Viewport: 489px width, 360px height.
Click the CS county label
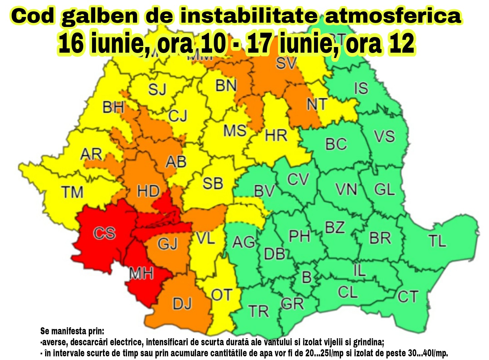tap(104, 233)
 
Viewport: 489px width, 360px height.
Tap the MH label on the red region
tap(141, 273)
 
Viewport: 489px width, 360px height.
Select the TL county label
tap(437, 240)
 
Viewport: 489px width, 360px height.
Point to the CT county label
tap(408, 296)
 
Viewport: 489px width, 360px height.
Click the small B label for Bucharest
tap(307, 277)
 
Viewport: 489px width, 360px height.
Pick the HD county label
tap(148, 191)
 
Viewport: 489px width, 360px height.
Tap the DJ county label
tap(182, 304)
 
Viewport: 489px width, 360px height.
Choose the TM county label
tap(72, 192)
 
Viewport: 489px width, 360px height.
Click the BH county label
tap(113, 107)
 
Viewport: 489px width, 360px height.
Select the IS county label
tap(361, 88)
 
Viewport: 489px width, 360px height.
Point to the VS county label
tap(384, 136)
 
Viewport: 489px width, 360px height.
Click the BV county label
tap(264, 191)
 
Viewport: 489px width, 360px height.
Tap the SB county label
tap(213, 183)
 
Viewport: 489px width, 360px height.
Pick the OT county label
tap(222, 295)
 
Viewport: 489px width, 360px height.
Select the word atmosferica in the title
tap(393, 16)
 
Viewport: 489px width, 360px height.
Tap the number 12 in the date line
tap(401, 43)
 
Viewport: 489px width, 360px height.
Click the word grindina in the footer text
tap(368, 342)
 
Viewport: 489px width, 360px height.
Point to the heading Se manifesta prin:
tap(72, 331)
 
